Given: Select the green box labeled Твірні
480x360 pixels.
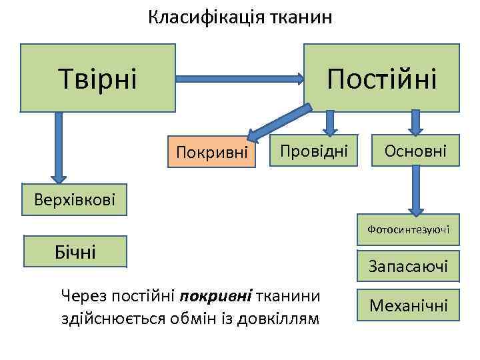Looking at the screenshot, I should click(98, 77).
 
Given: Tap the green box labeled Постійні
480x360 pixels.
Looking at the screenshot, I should click(381, 77).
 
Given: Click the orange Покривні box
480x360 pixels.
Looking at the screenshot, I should click(212, 153).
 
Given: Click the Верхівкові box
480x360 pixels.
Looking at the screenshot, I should click(75, 199).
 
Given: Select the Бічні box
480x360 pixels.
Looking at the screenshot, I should click(75, 251).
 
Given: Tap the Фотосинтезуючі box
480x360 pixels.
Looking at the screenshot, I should click(408, 229).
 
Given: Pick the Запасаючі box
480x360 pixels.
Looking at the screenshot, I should click(408, 267).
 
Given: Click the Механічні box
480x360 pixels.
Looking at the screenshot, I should click(408, 306).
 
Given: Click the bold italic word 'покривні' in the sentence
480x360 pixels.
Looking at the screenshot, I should click(211, 295).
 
